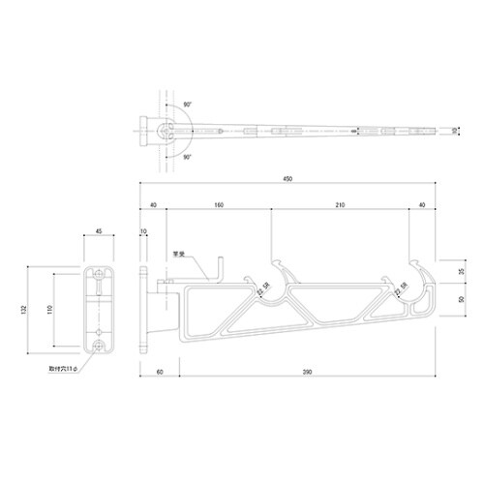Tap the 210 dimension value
[339, 205]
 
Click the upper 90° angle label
[184, 104]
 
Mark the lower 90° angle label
[184, 154]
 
